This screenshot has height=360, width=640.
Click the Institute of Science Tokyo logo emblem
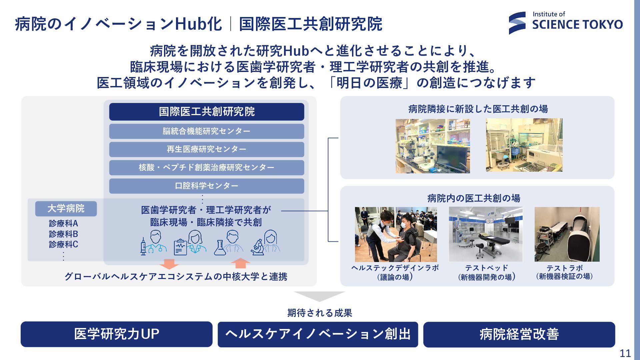click(517, 23)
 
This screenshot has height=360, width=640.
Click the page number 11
click(625, 353)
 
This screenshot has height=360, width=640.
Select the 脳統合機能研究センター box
click(207, 131)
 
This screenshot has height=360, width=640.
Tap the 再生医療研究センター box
click(207, 149)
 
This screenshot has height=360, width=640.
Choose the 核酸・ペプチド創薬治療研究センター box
click(207, 167)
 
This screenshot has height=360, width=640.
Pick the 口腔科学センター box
click(207, 186)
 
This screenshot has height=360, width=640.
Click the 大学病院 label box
click(66, 209)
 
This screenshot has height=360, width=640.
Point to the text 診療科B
click(63, 234)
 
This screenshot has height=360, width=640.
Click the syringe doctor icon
click(153, 243)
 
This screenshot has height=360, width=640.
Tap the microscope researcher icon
click(266, 243)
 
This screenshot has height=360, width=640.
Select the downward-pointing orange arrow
click(169, 264)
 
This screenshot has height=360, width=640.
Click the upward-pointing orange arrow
click(240, 263)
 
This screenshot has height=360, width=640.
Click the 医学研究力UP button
click(117, 334)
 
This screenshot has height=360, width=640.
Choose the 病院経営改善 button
click(519, 334)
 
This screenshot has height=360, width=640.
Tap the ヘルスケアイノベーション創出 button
click(318, 334)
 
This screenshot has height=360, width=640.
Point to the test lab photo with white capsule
click(567, 234)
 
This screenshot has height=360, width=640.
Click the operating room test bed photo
click(486, 234)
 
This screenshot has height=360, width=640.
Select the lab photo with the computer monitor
click(433, 146)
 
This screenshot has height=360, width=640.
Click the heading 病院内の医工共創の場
click(474, 198)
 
